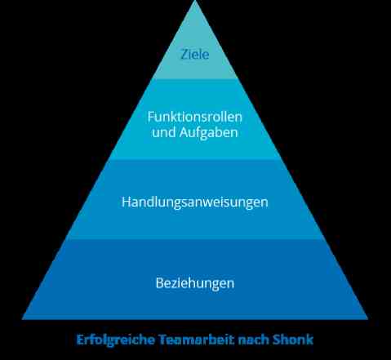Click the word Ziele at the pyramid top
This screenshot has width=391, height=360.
195,54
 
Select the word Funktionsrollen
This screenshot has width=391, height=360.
195,117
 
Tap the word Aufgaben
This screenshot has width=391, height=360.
209,133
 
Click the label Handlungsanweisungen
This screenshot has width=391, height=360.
195,202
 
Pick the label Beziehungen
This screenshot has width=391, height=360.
195,283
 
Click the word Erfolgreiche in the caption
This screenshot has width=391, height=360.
116,340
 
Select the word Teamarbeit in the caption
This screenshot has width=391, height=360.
197,340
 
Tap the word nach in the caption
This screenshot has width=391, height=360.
254,340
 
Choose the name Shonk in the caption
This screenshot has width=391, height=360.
293,340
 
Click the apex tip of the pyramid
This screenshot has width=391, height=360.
195,1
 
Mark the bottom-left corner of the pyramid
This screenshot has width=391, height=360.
22,319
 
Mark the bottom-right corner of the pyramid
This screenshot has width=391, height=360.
368,319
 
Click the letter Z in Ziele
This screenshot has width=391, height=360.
184,55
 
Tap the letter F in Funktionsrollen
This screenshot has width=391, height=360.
151,118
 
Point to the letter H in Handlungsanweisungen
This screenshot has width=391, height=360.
127,202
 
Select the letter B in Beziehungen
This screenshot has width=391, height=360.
160,283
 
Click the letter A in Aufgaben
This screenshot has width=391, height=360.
184,133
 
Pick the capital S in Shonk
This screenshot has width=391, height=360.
277,340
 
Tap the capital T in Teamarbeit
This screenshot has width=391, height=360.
163,340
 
